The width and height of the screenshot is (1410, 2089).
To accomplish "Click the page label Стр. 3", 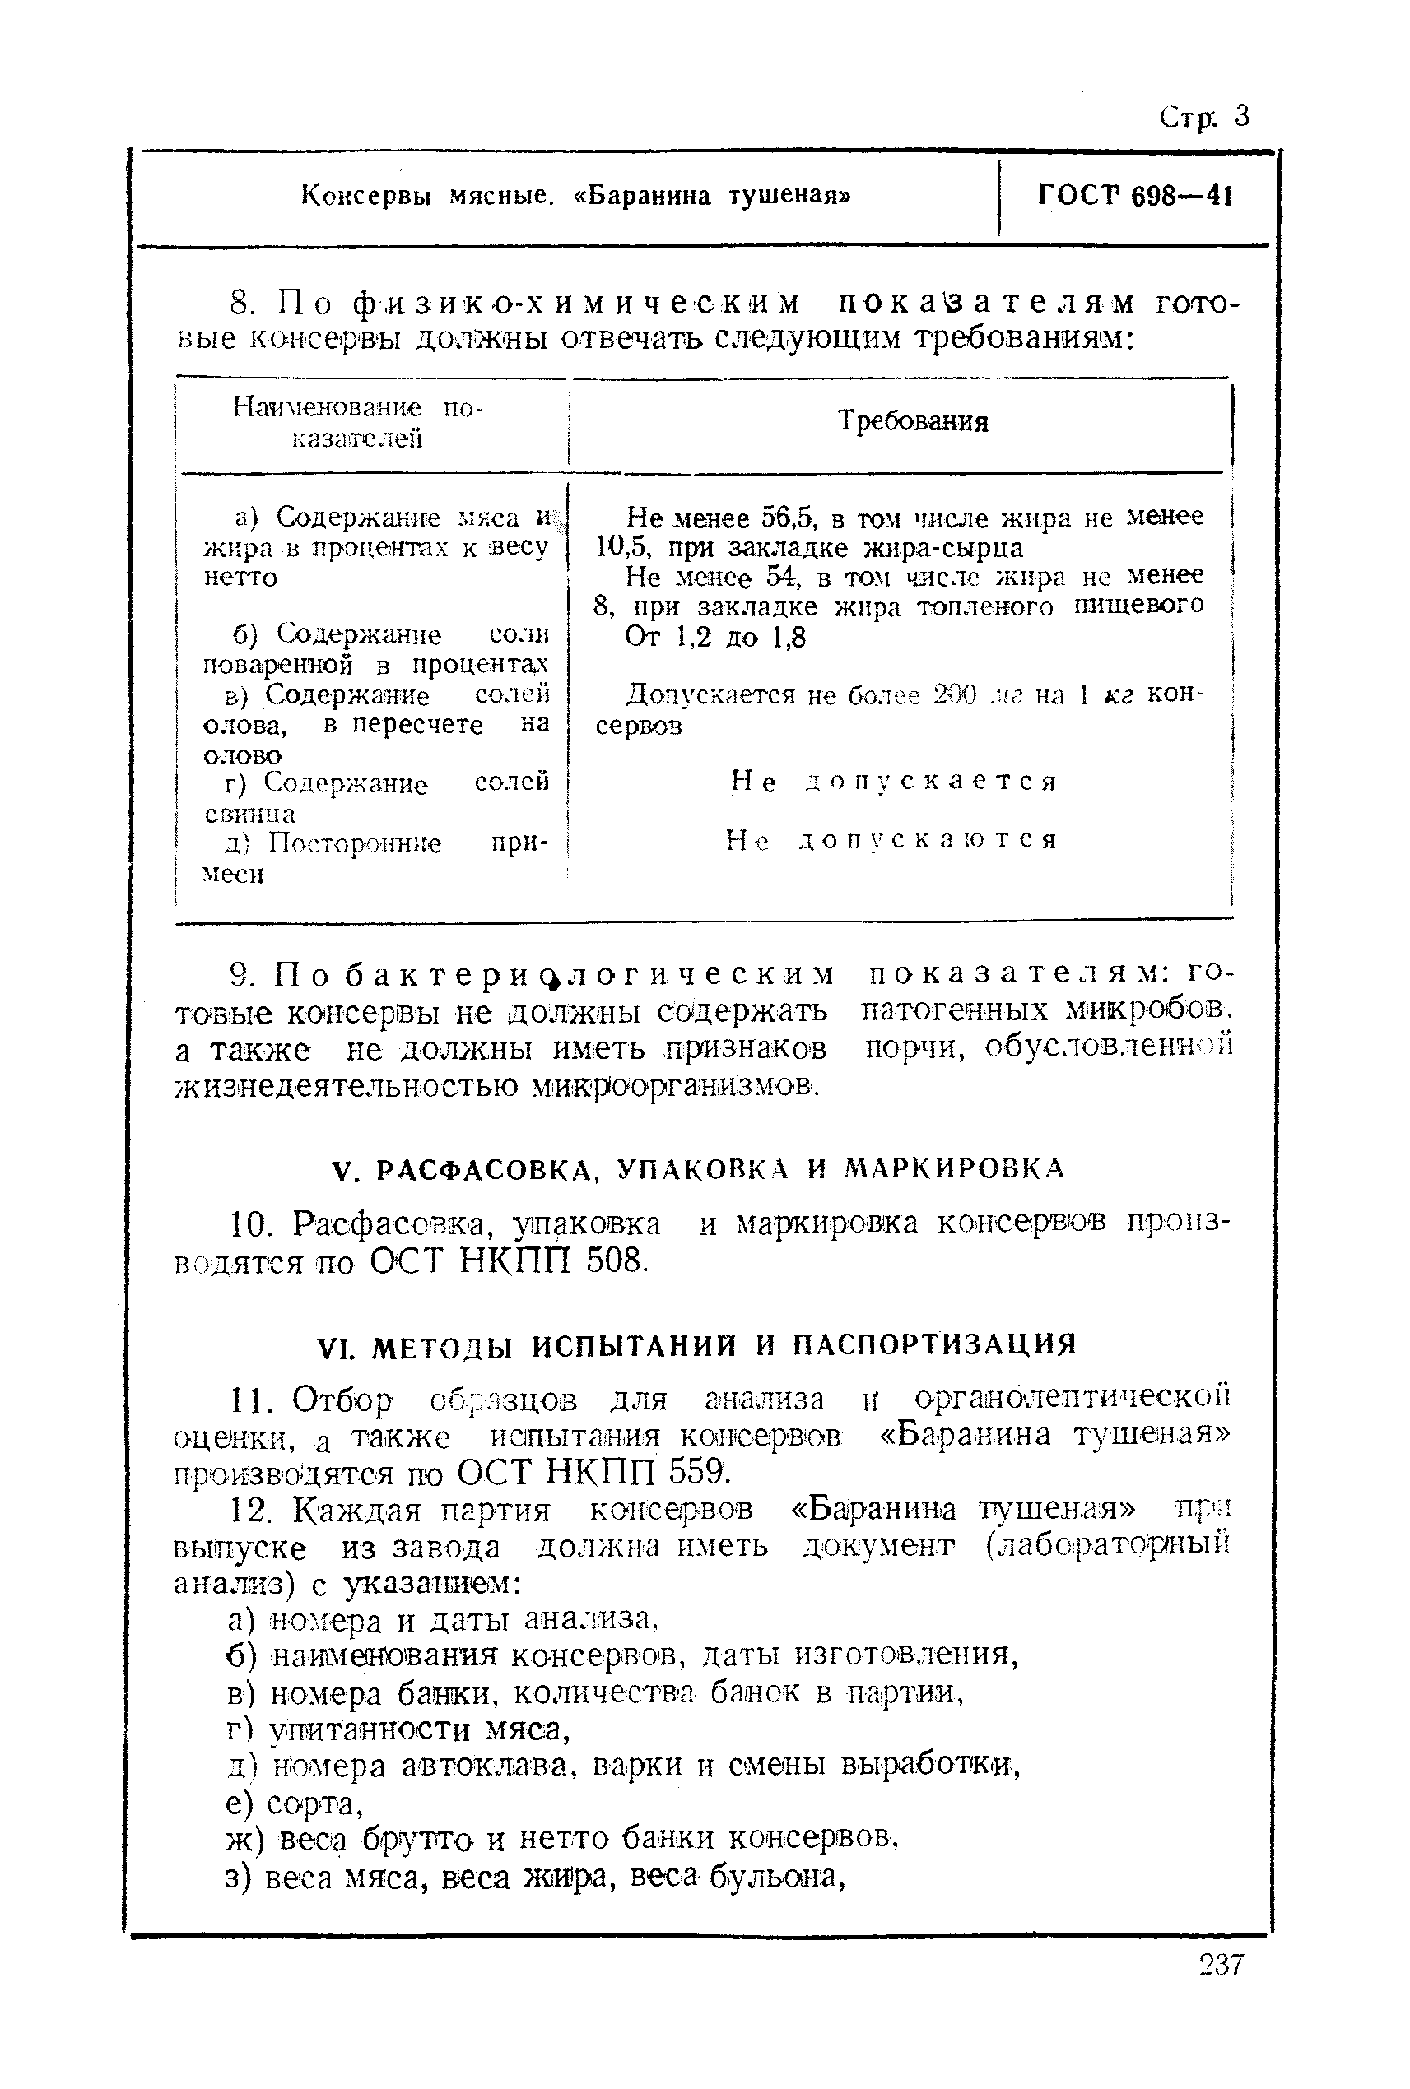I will click(x=1204, y=117).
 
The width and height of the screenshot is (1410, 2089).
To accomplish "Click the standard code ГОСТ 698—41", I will click(x=1134, y=195).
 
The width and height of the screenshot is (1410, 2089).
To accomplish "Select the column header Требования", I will click(x=913, y=420).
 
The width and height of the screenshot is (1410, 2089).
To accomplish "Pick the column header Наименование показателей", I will click(x=357, y=422).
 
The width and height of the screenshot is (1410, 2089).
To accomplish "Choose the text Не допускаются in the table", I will click(x=891, y=840).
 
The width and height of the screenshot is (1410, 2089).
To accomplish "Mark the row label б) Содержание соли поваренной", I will click(x=376, y=649).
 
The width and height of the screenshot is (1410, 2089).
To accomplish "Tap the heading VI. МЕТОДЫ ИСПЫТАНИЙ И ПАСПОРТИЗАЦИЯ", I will click(x=697, y=1344).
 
